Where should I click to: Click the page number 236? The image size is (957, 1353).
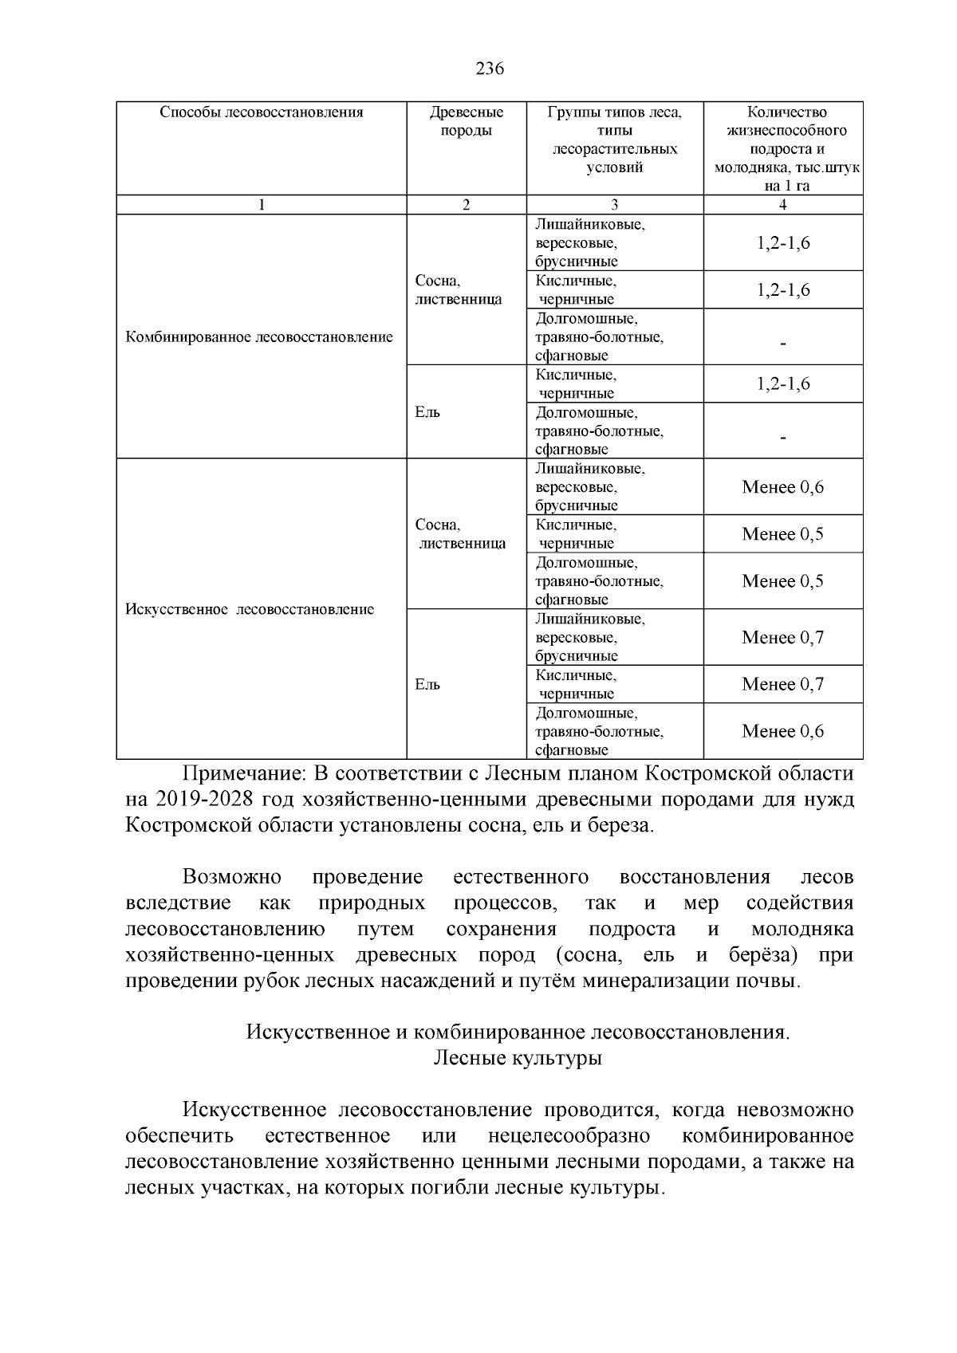(490, 69)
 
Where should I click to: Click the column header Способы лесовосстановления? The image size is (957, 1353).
(262, 112)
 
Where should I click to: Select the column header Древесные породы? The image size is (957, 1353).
(467, 121)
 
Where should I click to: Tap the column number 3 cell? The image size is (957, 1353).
(615, 205)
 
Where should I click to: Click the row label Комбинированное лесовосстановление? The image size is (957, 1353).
(260, 337)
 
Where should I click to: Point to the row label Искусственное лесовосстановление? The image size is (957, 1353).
(250, 610)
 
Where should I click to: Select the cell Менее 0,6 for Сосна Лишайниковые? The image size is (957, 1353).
(782, 487)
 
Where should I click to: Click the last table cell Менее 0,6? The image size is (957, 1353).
(782, 731)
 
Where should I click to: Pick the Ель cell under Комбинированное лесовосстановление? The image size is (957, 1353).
(427, 412)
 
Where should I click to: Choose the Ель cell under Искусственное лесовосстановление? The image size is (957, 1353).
(427, 685)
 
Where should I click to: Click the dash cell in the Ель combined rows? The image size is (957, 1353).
(783, 437)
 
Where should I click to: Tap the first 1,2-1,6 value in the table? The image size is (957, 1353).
(783, 243)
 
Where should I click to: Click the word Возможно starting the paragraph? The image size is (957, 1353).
(232, 878)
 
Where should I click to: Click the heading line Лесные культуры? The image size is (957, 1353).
(518, 1059)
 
